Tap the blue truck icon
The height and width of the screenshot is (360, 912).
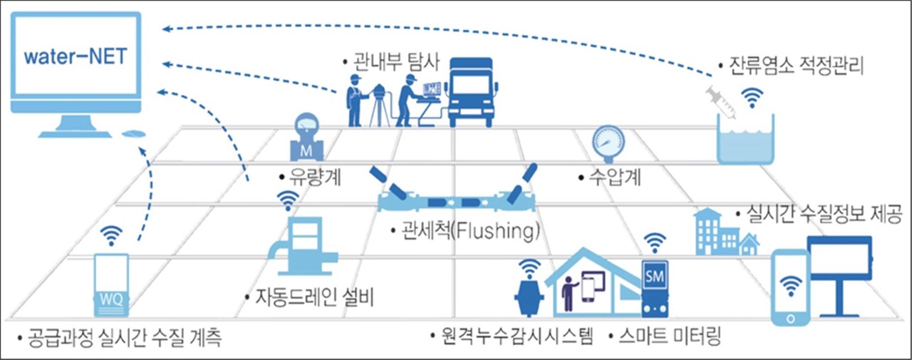pos(471,92)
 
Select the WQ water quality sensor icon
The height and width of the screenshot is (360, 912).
pos(112,286)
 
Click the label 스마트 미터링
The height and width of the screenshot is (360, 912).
pos(667,335)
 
